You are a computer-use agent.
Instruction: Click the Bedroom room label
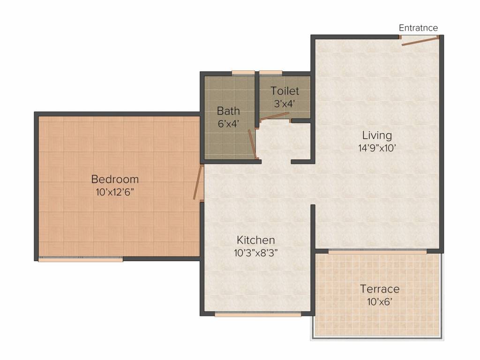(115, 179)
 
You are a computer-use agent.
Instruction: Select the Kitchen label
(255, 240)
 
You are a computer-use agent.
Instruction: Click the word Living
(377, 135)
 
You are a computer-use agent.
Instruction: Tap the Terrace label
(380, 289)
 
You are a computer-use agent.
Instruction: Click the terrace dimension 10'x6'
(380, 301)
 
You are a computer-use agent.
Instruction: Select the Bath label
(228, 111)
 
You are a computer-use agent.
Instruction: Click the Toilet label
(285, 91)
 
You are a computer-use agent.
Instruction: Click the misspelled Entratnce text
(418, 28)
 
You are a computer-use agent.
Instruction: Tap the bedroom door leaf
(198, 183)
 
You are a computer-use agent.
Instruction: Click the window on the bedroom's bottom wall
(81, 259)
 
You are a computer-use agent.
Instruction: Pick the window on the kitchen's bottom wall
(258, 315)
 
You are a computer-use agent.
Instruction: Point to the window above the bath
(243, 73)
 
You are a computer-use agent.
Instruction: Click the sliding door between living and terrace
(377, 252)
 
